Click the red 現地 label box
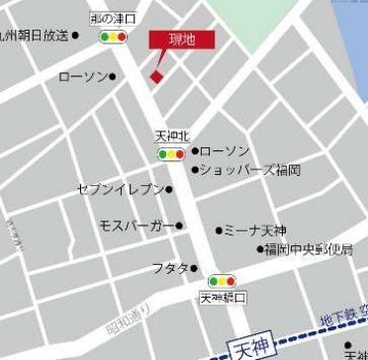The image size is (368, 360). (x=181, y=40)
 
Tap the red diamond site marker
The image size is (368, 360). (x=155, y=77)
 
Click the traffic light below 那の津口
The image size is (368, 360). (x=114, y=38)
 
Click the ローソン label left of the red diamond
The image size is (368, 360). (x=83, y=76)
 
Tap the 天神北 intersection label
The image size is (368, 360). (x=171, y=135)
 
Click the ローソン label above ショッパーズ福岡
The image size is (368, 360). (x=226, y=151)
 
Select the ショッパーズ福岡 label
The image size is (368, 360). (x=250, y=170)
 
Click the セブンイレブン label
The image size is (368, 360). (x=120, y=189)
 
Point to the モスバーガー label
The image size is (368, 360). (x=137, y=225)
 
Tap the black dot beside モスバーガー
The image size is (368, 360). (x=179, y=225)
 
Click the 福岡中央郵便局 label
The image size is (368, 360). (x=310, y=249)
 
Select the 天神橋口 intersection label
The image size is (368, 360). (x=223, y=297)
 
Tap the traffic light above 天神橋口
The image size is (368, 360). (x=223, y=281)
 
